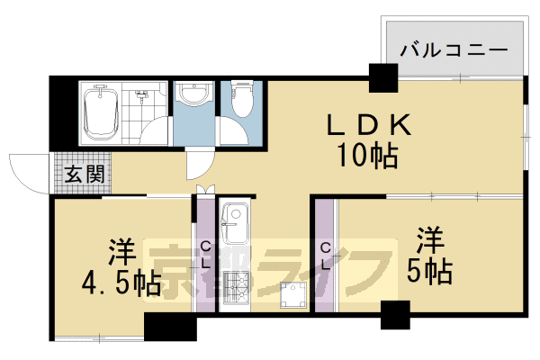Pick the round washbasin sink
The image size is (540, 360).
point(191,94)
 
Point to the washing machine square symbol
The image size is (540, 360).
point(293,295)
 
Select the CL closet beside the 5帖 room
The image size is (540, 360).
point(325,254)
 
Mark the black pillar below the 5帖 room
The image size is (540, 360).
point(395,316)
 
